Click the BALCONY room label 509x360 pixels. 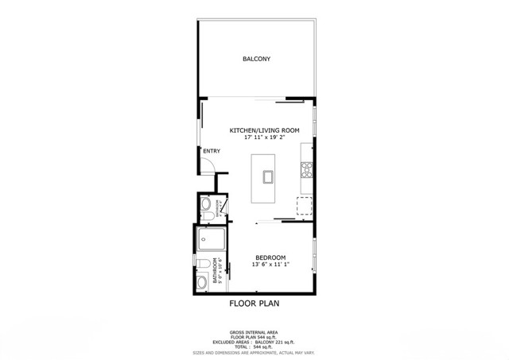point(256,60)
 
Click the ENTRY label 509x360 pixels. point(212,151)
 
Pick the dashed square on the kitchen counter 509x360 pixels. point(304,206)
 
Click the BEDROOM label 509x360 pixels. point(270,257)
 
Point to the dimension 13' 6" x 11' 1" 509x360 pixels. point(270,265)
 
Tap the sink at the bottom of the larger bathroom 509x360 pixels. point(202,281)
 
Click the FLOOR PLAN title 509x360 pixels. point(254,303)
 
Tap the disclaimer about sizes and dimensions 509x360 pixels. point(254,353)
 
